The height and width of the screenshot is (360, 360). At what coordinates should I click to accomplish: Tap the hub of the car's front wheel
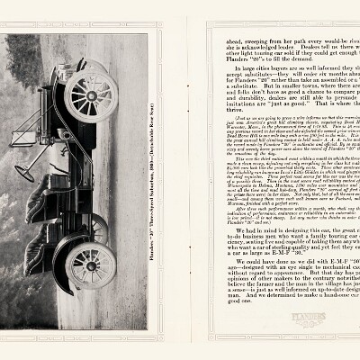point(91,95)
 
